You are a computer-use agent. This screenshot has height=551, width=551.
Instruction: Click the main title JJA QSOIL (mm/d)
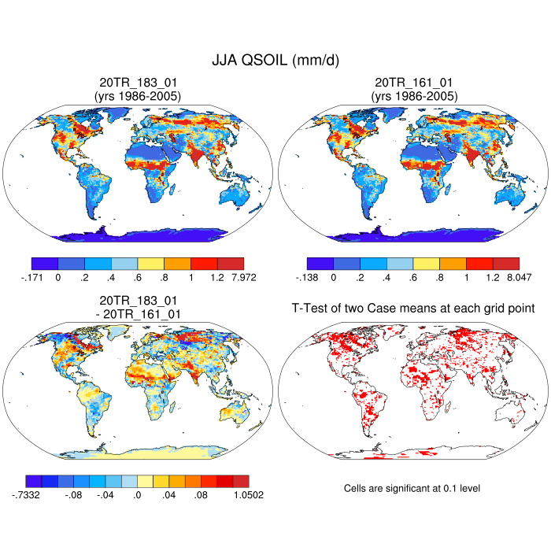pyautogui.click(x=275, y=60)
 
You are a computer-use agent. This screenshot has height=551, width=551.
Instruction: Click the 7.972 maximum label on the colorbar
pyautogui.click(x=242, y=277)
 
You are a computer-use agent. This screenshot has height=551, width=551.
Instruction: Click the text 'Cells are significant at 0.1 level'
pyautogui.click(x=412, y=488)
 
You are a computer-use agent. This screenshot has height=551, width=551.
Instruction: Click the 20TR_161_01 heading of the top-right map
pyautogui.click(x=413, y=83)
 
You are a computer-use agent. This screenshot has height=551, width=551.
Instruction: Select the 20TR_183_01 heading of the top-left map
pyautogui.click(x=138, y=83)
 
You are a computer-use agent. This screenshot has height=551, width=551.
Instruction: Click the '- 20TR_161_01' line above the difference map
pyautogui.click(x=138, y=313)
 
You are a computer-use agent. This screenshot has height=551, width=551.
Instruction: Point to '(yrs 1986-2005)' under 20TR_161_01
pyautogui.click(x=413, y=96)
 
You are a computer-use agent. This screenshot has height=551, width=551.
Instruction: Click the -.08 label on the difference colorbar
pyautogui.click(x=74, y=494)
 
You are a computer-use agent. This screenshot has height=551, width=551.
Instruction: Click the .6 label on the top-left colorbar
pyautogui.click(x=138, y=277)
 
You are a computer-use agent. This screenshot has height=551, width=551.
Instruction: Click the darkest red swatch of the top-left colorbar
pyautogui.click(x=230, y=264)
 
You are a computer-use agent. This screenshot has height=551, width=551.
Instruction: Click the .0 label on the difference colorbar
pyautogui.click(x=138, y=494)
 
